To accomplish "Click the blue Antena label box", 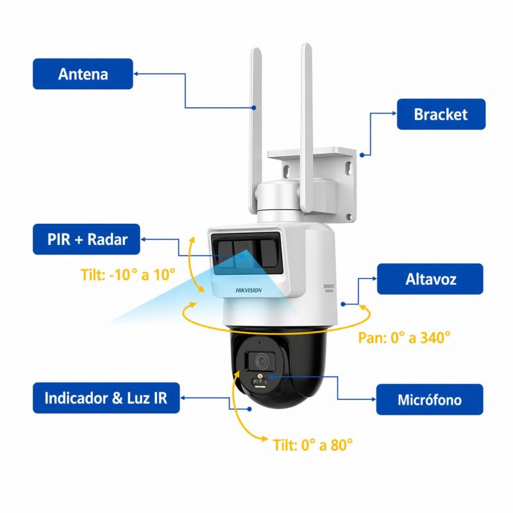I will (83, 74).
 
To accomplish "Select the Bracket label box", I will (441, 115).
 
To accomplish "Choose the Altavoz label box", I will (430, 279).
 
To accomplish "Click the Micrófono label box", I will (429, 400).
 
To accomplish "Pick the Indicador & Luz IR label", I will (106, 398).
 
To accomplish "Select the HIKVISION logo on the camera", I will (249, 290).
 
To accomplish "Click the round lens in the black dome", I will (261, 361).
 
